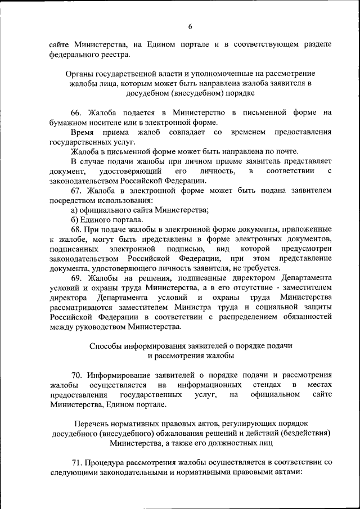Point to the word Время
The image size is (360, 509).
(82, 132)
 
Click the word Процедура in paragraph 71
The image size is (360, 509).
(105, 462)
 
